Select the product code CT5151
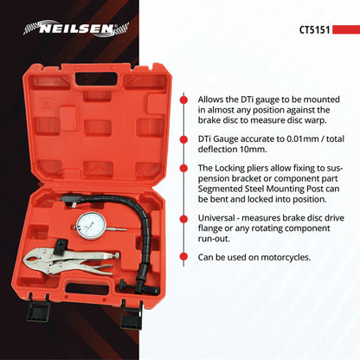(x=315, y=30)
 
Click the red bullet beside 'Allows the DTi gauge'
(x=183, y=99)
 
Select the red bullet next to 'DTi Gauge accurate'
(x=183, y=138)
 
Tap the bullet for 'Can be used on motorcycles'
(x=183, y=256)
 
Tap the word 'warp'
(x=299, y=122)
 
